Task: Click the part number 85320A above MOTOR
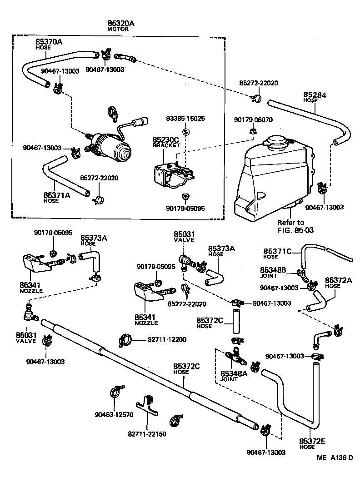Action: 121,23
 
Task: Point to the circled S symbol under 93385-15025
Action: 185,132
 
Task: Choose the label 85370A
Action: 49,42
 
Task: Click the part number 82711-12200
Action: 166,339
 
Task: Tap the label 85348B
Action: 273,270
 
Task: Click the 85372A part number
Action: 339,280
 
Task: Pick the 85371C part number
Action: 277,251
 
